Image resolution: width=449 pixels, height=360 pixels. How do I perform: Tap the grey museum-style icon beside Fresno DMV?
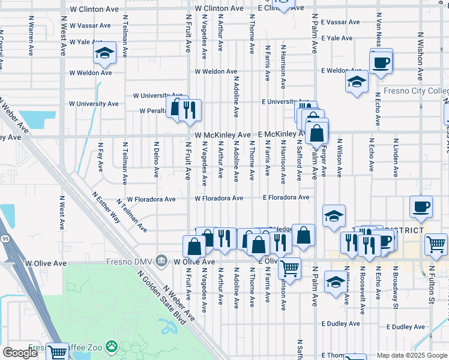161,261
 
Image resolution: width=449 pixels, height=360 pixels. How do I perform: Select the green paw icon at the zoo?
112,346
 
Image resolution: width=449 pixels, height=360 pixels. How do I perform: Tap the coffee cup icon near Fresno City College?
381,62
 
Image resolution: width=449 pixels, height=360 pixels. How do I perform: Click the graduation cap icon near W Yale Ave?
105,54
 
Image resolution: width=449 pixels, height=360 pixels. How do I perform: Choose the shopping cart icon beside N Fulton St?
436,244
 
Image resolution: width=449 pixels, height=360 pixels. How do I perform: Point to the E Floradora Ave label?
286,197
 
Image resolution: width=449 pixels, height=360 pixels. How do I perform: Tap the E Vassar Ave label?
340,22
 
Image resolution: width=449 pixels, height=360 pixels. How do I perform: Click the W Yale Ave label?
90,42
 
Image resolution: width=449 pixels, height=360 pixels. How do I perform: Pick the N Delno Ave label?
156,159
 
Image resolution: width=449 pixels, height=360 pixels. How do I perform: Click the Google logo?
20,353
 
